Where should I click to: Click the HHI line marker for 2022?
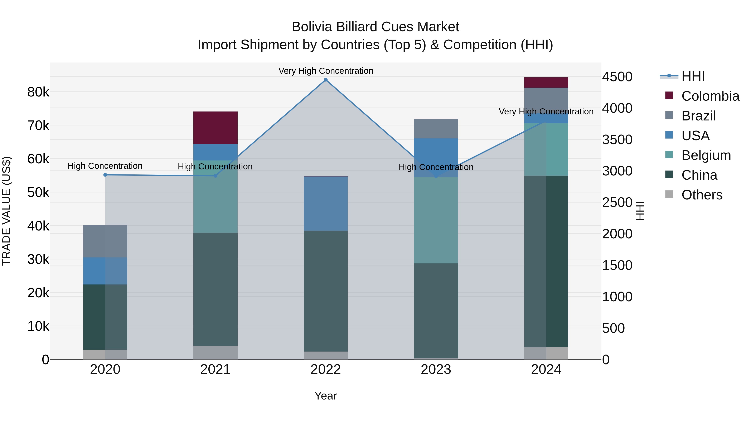(x=326, y=80)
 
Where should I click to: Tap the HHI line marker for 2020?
(x=105, y=175)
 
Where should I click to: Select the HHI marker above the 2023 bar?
(x=436, y=177)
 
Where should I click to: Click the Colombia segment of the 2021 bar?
(x=215, y=128)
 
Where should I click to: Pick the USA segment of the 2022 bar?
(x=326, y=204)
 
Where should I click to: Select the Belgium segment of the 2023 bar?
(x=436, y=220)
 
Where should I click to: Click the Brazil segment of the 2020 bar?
(x=105, y=241)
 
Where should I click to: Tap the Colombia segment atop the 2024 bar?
(x=546, y=82)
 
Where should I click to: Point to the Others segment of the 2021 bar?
(x=215, y=352)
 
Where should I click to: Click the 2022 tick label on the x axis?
(x=326, y=369)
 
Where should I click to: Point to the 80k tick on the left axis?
(x=38, y=92)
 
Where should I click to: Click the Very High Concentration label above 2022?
(x=326, y=71)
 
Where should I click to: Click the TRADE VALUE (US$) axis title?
(x=6, y=211)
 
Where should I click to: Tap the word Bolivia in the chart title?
(x=312, y=27)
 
